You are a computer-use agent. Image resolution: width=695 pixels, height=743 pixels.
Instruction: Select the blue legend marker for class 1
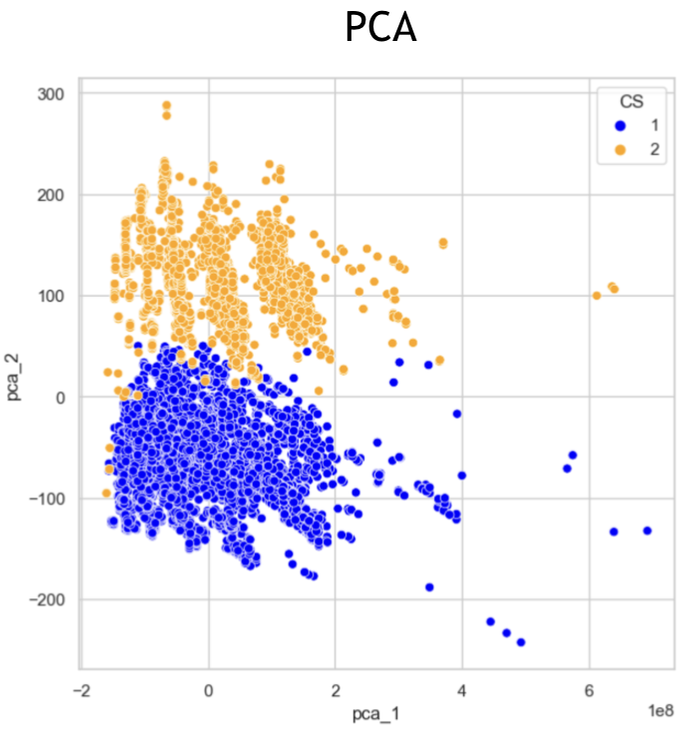[x=620, y=126]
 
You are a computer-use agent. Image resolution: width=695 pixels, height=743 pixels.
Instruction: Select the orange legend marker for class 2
[x=620, y=149]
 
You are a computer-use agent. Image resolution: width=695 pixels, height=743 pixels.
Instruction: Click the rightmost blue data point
[x=647, y=530]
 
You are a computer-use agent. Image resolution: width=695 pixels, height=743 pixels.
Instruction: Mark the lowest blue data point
[x=520, y=642]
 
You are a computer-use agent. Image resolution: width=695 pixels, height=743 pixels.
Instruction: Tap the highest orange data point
[x=167, y=105]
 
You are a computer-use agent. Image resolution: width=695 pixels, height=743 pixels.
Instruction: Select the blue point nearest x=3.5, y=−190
[x=429, y=587]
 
